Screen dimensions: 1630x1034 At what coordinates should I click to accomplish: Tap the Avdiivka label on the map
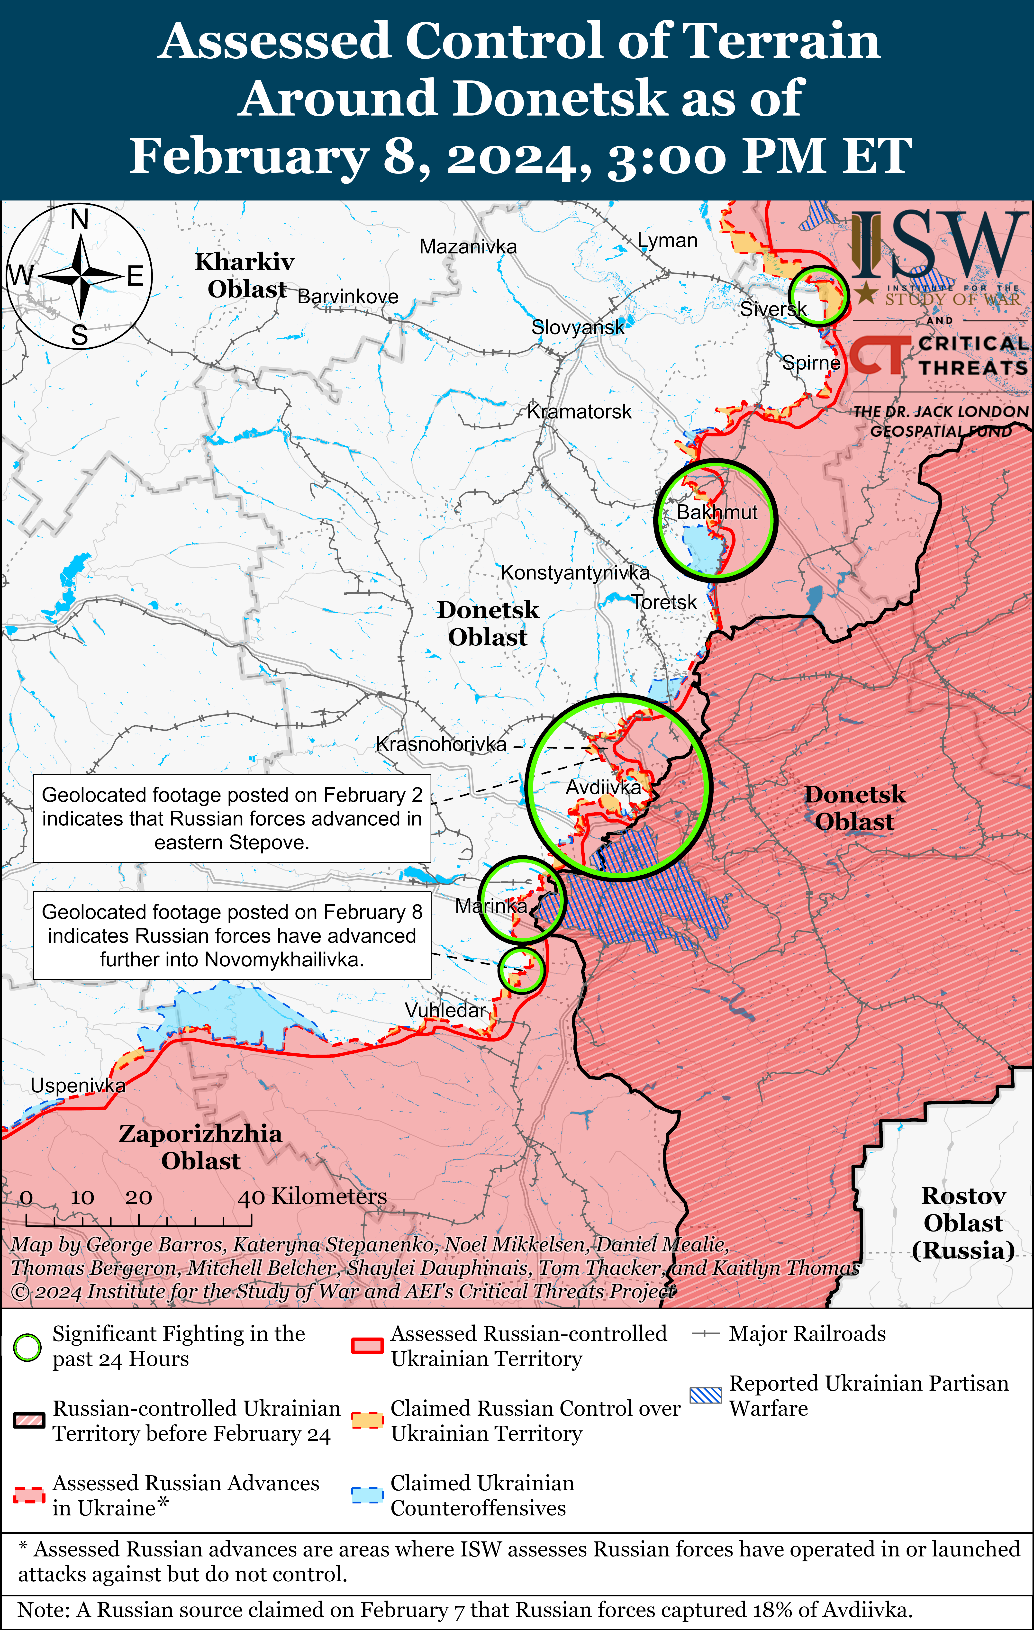tap(603, 787)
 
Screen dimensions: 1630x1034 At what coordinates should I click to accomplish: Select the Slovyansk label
tap(578, 328)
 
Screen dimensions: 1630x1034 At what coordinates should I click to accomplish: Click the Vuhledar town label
tap(445, 1010)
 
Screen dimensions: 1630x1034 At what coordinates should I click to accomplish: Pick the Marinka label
tap(491, 906)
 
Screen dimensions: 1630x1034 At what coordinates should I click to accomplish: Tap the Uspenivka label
tap(78, 1086)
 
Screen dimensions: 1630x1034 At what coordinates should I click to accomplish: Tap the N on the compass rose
tap(80, 219)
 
